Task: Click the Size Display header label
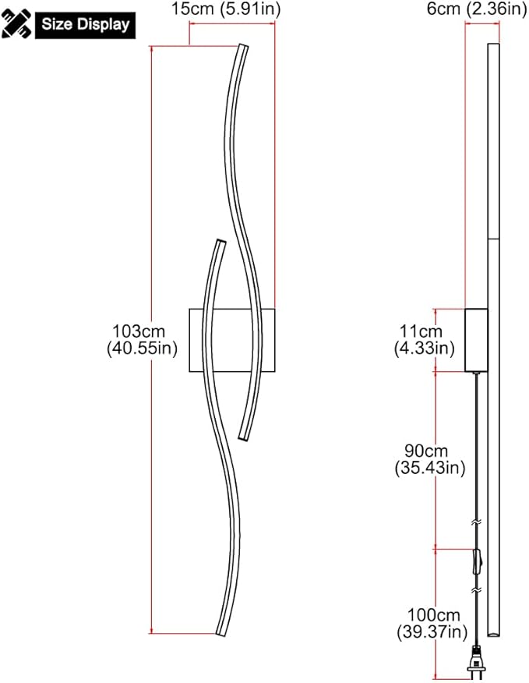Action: tap(85, 24)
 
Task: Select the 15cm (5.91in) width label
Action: tap(227, 9)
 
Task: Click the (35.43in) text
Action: tap(430, 468)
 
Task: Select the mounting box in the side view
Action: tap(476, 340)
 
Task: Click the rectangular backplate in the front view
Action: tap(232, 341)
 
